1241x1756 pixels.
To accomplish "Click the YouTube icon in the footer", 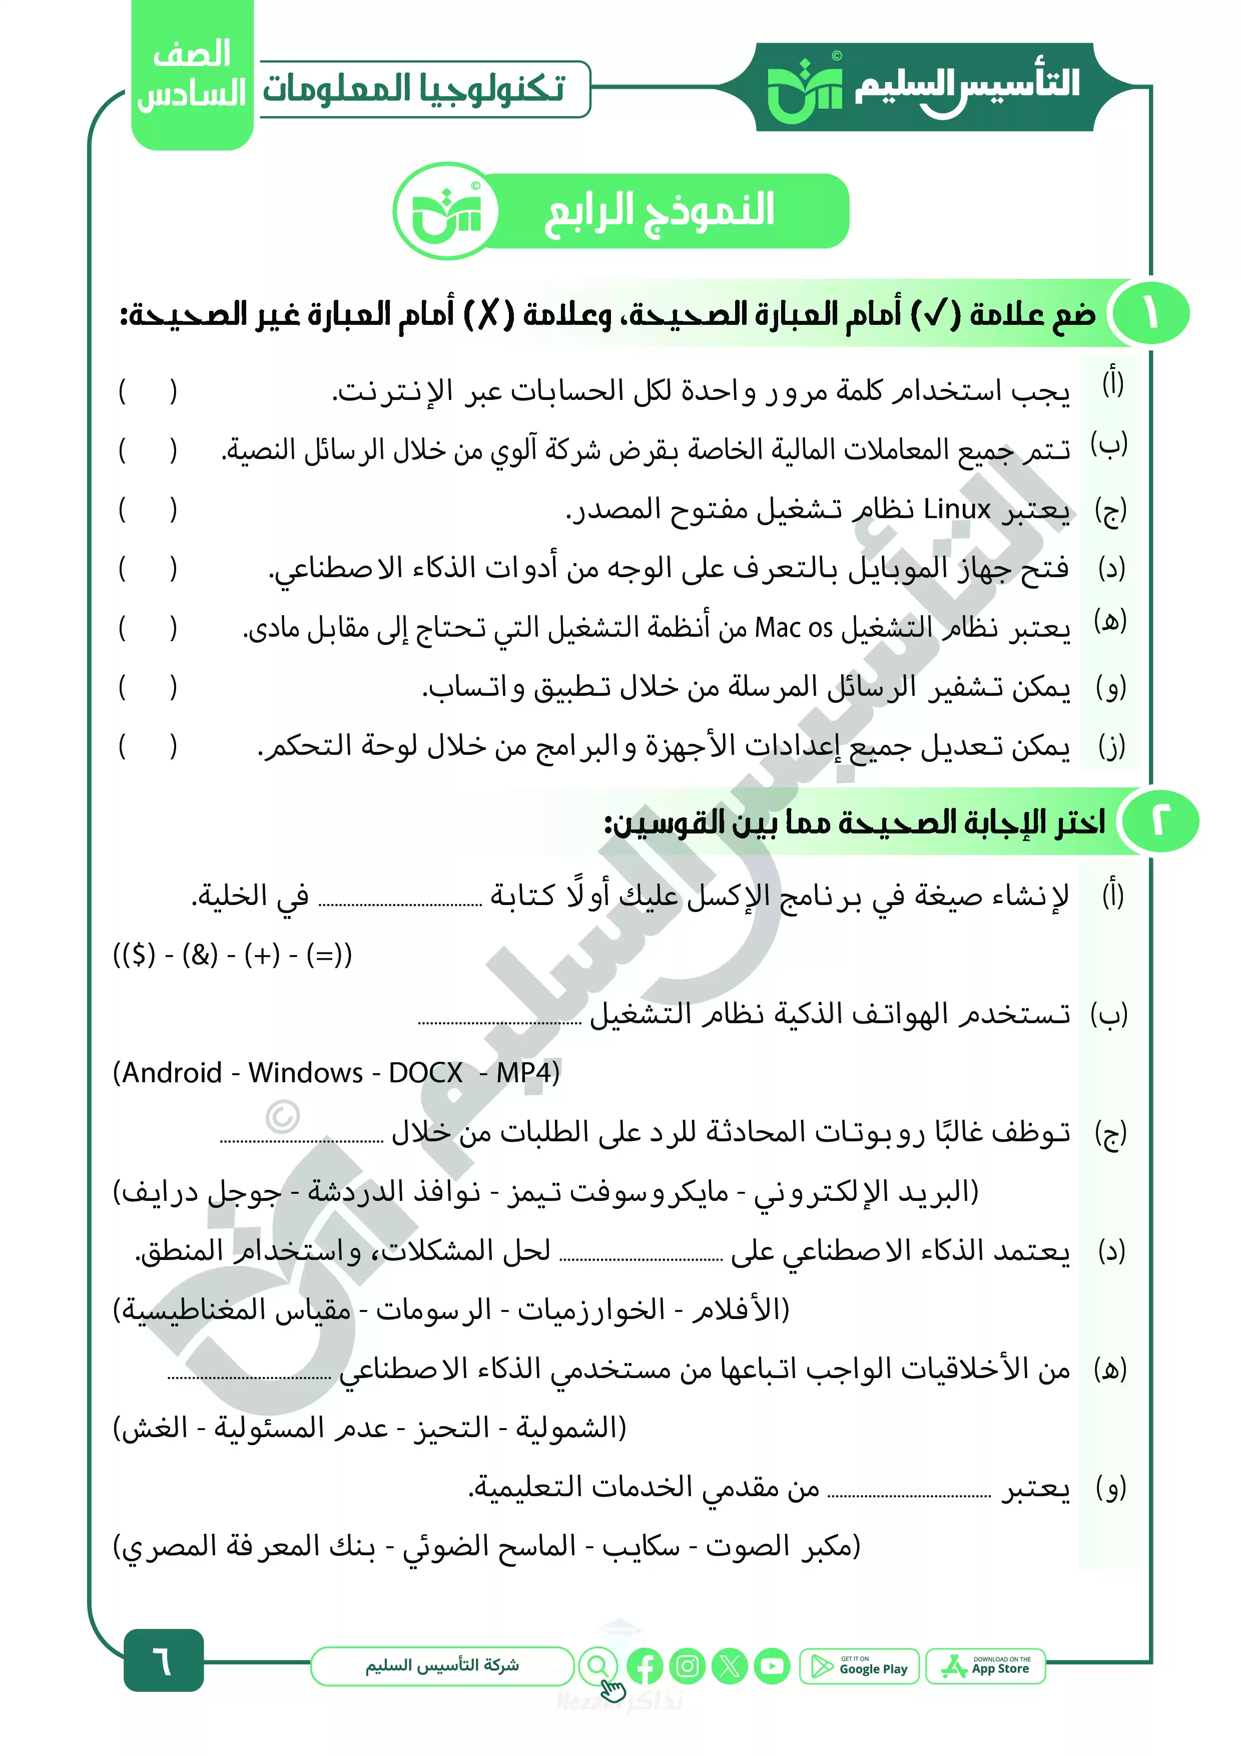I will pos(772,1666).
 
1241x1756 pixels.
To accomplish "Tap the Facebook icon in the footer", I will pos(645,1666).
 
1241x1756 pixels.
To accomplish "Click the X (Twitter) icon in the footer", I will pos(730,1666).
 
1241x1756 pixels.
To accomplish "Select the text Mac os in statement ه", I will pos(793,628).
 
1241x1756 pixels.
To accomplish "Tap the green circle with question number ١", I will pos(1151,313).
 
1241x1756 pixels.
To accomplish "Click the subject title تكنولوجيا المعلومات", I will pos(414,89).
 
